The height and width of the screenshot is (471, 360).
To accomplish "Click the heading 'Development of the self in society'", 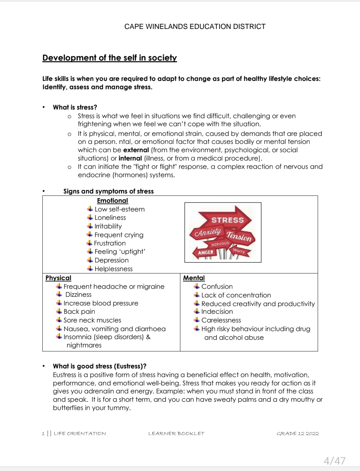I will [109, 58].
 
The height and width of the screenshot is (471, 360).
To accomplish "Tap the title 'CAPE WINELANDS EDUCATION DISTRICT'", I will [195, 27].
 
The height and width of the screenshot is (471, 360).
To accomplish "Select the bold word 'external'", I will [136, 150].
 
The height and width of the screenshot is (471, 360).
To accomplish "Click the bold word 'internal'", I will [130, 158].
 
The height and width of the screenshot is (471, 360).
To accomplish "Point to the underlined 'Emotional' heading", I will [112, 201].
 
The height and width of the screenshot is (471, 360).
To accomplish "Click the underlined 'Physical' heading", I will [58, 278].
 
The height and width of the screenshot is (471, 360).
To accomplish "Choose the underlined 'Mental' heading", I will [194, 278].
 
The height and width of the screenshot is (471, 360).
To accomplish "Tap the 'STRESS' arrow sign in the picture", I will [228, 220].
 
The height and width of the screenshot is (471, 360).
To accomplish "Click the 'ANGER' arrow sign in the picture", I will [205, 252].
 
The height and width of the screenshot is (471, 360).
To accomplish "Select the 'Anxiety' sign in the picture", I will [208, 232].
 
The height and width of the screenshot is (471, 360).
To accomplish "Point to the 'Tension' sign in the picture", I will [239, 236].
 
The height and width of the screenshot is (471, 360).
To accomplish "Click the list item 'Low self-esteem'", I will [119, 209].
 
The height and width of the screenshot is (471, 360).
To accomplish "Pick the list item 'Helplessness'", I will [113, 269].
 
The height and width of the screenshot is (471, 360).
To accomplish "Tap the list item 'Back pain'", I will [79, 311].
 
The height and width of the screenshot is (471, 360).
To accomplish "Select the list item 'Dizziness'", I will [78, 294].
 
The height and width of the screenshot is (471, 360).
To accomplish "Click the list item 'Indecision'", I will [217, 311].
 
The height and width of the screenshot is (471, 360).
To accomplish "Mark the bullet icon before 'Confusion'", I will [197, 286].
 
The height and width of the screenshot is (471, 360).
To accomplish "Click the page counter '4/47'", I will [334, 461].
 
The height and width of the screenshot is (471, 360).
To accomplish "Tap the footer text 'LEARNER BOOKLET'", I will [176, 433].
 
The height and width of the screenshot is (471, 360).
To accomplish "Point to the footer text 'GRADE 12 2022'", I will [298, 433].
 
